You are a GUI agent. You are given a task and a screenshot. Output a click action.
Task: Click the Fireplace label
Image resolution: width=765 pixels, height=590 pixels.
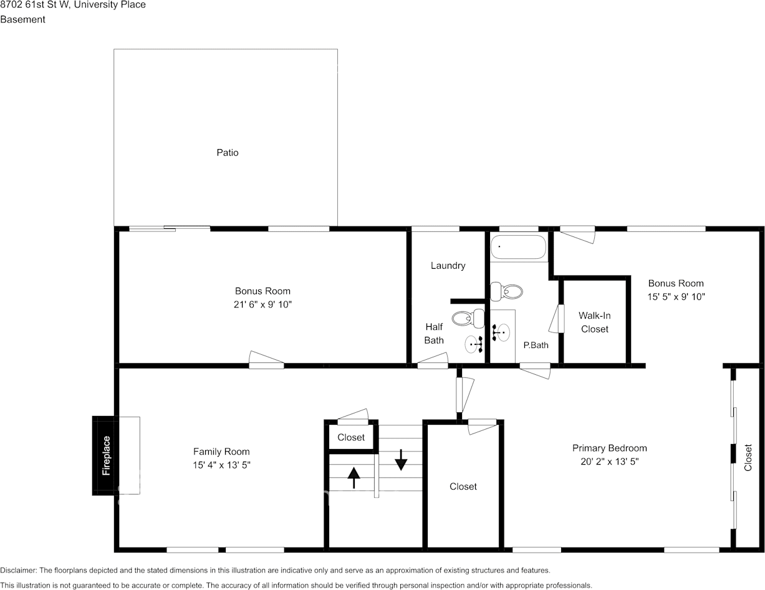coord(106,455)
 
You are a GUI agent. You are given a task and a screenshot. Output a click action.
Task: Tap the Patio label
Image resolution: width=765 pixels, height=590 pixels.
coord(228,152)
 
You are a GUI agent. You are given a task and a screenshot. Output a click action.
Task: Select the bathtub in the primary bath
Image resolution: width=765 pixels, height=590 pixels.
coord(518,248)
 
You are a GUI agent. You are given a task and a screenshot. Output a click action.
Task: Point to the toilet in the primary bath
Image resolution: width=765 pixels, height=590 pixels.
coord(506,291)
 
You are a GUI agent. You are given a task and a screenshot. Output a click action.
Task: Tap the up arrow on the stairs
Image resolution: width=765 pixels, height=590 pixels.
coord(354,478)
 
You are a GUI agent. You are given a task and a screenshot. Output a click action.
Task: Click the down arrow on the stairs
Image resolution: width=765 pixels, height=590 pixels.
coord(401,460)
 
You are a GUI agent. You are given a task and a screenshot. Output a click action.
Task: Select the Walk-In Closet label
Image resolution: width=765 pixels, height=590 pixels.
coord(594,322)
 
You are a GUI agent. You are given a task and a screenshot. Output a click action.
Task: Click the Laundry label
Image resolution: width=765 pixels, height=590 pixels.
coord(448,266)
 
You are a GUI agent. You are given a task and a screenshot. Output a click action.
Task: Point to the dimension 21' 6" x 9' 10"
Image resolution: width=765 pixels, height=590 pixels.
coord(262,304)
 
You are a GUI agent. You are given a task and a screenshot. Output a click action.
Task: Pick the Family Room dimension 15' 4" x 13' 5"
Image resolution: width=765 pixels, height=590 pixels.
coord(221,465)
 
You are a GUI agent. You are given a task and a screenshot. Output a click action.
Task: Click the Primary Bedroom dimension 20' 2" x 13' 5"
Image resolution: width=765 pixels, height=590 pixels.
coord(609,462)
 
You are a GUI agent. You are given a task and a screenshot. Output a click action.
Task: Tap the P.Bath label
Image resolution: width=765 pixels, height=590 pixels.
coord(536,345)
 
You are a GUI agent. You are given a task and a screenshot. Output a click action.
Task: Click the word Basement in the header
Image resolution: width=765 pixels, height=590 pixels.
coord(22,19)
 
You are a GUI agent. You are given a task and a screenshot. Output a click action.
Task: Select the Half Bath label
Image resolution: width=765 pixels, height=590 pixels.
coord(434,333)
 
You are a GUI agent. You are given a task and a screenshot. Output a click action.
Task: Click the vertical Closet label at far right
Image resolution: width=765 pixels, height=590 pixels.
coord(748,457)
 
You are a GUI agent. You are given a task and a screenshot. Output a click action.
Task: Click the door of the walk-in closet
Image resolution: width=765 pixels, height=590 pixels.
coord(557,319)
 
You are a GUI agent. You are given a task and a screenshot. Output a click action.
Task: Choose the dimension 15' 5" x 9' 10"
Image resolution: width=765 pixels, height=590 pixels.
coord(676,297)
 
